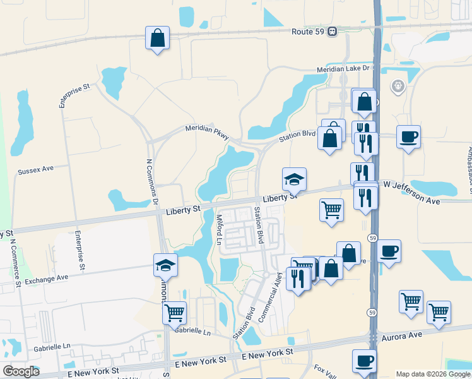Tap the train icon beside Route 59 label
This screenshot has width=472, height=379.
[332, 32]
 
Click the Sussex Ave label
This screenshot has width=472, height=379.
[36, 171]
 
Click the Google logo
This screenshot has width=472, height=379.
[21, 371]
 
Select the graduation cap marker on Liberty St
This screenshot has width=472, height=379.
[294, 180]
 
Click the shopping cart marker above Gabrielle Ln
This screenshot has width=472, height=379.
[174, 312]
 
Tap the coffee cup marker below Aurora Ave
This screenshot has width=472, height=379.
[364, 361]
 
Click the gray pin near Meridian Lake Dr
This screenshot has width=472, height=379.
[398, 86]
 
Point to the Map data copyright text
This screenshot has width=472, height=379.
[433, 374]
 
